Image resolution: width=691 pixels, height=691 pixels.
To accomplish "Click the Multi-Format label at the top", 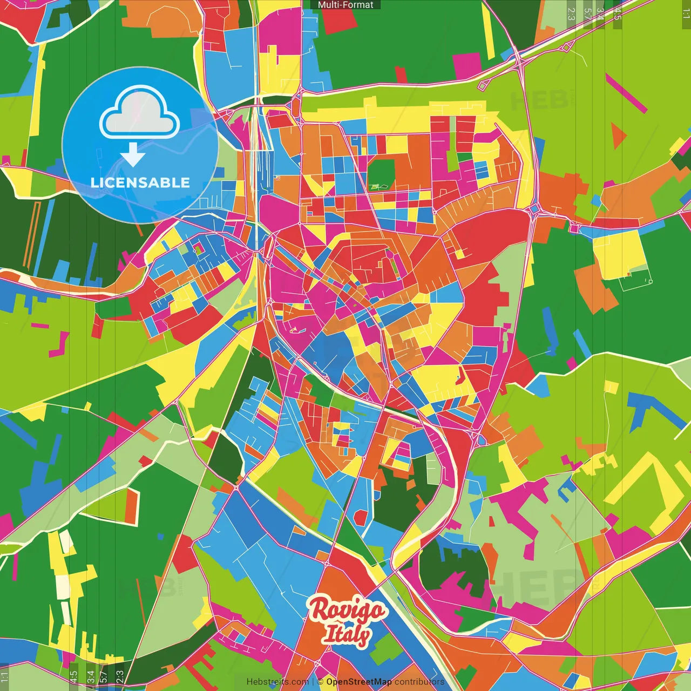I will (x=345, y=5).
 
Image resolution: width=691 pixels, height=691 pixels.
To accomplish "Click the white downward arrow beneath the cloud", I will (x=133, y=155).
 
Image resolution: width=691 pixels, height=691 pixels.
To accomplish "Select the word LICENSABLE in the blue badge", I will (x=140, y=182).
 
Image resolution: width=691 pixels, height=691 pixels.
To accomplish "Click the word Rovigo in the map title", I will (x=347, y=610).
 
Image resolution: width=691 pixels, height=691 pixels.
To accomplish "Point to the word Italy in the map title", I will (x=347, y=634).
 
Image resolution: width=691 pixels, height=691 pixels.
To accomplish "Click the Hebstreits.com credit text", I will (x=277, y=682).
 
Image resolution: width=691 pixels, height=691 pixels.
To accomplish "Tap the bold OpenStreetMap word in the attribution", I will (x=359, y=682).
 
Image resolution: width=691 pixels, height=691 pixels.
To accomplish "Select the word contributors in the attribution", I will (x=419, y=682).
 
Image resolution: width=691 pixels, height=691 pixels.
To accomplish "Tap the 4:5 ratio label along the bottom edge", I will (x=73, y=677).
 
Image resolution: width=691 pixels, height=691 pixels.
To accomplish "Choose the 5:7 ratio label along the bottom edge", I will (x=104, y=677).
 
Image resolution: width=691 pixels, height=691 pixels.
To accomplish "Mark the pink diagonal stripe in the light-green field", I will (x=626, y=93).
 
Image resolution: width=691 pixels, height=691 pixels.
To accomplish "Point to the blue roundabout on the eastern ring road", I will (x=534, y=209).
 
